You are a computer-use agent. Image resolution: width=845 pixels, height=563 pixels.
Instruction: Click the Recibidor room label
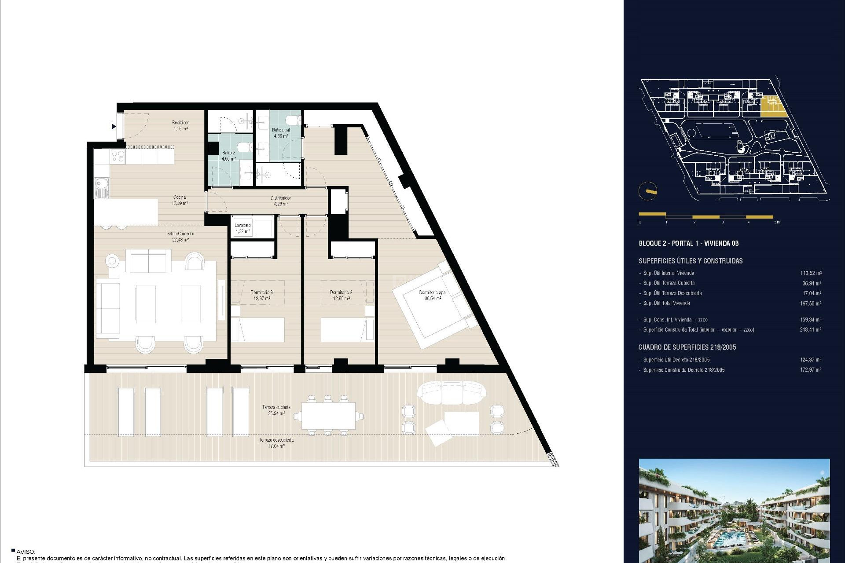[180, 125]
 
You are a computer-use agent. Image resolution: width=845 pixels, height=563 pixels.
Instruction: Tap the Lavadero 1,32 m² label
[242, 228]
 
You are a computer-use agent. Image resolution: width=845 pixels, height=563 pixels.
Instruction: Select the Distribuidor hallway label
[280, 201]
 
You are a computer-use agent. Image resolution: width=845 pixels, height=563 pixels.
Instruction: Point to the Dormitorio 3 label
[261, 295]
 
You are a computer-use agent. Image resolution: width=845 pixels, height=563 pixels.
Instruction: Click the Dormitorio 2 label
[341, 295]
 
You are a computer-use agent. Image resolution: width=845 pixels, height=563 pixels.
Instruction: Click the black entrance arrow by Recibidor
[114, 127]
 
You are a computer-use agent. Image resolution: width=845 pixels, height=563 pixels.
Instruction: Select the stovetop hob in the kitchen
[118, 156]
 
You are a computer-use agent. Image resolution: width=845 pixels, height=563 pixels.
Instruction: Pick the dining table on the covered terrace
[328, 416]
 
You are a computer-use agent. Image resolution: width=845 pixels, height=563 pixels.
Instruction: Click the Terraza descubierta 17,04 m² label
[276, 443]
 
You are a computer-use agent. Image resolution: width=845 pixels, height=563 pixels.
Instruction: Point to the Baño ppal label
[281, 133]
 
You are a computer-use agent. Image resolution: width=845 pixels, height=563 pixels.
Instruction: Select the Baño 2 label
[228, 156]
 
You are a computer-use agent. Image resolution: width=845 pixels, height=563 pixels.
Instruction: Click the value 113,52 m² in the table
[811, 273]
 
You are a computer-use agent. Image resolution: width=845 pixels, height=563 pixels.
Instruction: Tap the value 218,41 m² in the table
[810, 329]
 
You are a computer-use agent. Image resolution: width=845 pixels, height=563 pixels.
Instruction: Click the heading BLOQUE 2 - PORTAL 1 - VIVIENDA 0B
[688, 243]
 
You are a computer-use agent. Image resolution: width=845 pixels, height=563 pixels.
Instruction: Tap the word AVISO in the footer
[26, 552]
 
